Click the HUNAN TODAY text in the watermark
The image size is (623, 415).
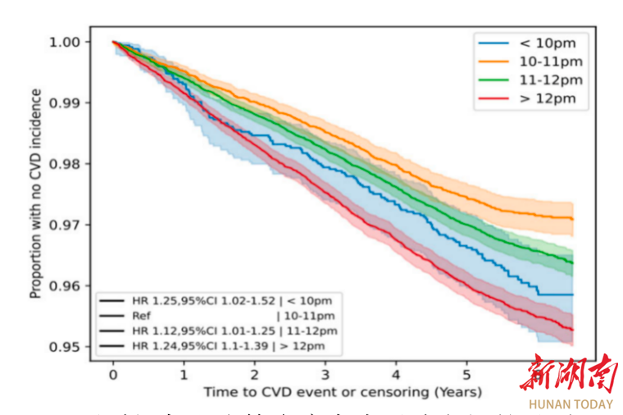[x=571, y=404]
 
